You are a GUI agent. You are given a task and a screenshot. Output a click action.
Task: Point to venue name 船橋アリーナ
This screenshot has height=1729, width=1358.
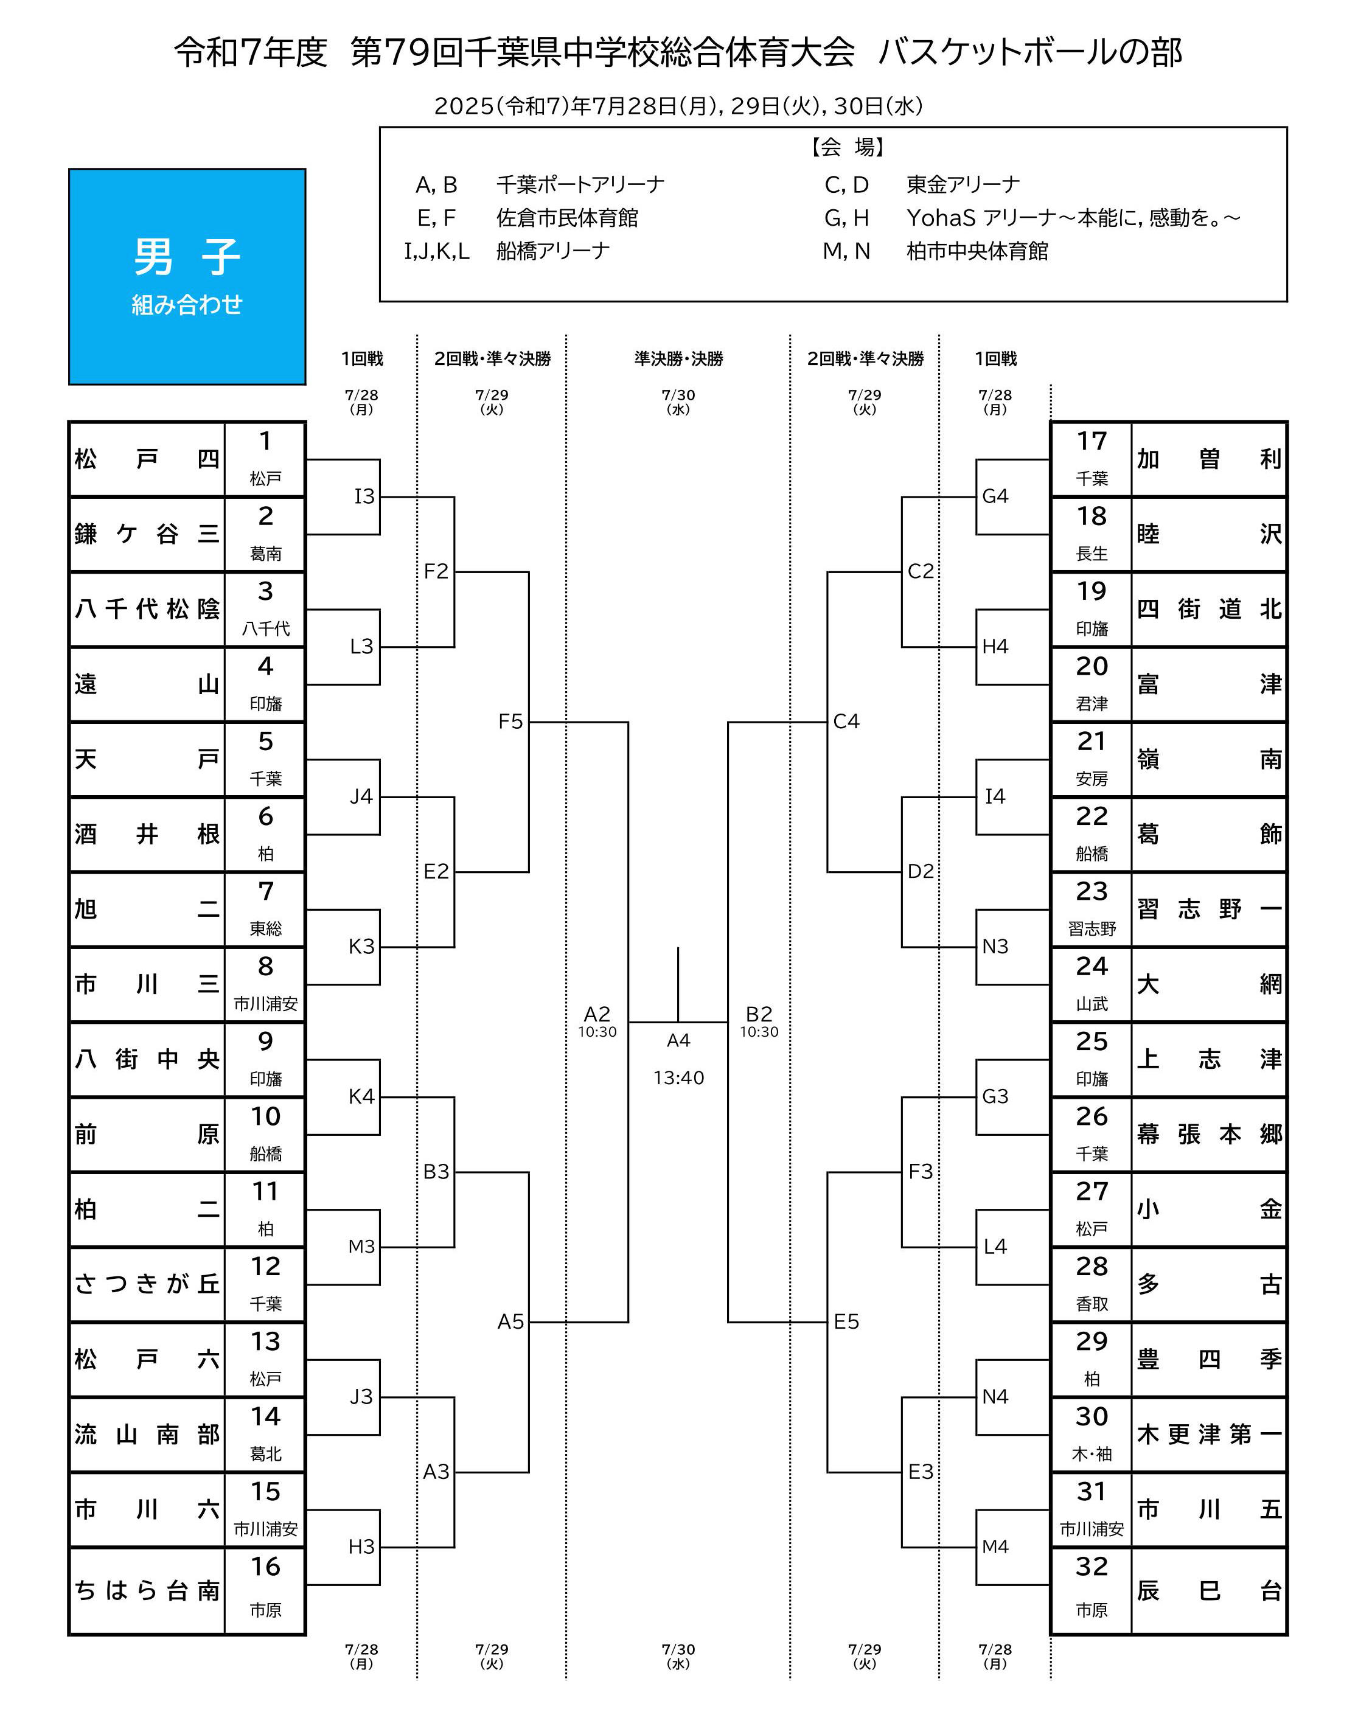(552, 251)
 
